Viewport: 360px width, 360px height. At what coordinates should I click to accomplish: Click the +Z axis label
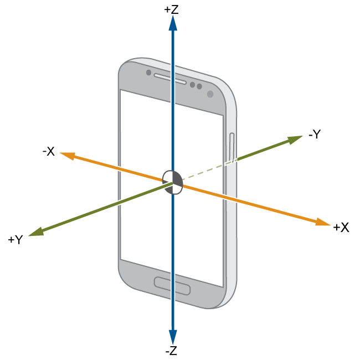pos(171,9)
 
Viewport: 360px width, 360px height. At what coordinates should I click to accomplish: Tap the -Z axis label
pos(171,351)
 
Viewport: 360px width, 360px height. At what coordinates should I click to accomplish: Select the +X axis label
pos(341,228)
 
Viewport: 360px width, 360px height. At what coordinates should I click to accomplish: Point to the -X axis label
pos(49,151)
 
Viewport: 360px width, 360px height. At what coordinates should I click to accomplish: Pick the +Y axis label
pos(16,239)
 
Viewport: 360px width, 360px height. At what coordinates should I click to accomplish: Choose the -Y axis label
pos(315,134)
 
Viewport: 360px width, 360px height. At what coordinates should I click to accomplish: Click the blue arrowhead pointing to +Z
pos(173,23)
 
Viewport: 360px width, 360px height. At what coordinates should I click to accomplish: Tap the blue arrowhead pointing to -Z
pos(173,337)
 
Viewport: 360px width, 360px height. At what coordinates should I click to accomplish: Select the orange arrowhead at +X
pos(322,222)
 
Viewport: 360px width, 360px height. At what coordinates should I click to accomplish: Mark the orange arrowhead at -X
pos(67,156)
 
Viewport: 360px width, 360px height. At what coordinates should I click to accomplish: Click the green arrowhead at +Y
pos(36,232)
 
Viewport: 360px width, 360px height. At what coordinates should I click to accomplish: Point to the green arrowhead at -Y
pos(295,140)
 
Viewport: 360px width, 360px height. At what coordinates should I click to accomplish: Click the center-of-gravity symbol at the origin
pos(173,182)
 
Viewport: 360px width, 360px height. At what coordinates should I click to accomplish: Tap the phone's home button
pos(172,286)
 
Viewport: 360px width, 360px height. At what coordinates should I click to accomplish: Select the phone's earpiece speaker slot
pos(170,79)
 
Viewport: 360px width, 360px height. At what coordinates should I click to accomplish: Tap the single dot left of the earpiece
pos(149,73)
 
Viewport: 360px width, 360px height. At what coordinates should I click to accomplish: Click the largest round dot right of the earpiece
pos(210,94)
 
